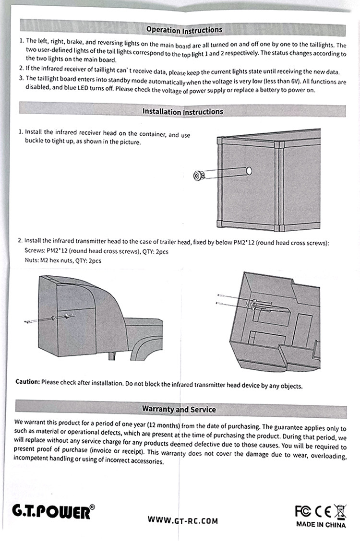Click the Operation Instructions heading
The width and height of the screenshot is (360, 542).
click(184, 30)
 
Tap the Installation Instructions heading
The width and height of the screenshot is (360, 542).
click(182, 111)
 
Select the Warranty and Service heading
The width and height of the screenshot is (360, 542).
click(179, 409)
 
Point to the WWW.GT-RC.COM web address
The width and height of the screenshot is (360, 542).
click(182, 520)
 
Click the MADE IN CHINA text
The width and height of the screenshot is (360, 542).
click(321, 524)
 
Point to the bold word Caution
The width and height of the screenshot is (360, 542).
click(27, 382)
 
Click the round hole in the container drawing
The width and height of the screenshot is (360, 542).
click(249, 170)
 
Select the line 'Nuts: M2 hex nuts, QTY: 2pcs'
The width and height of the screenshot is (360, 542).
click(62, 260)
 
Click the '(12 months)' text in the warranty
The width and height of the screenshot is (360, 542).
click(163, 426)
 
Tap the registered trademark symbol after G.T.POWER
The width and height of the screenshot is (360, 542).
click(93, 507)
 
